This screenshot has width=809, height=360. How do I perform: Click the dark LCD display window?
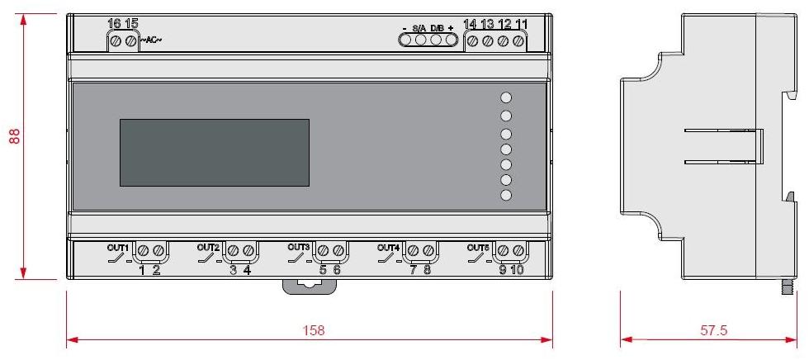215,153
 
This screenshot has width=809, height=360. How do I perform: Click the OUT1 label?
117,247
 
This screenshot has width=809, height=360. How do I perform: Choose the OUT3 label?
299,247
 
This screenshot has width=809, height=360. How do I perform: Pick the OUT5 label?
479,247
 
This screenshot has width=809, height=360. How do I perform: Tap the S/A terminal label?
419,28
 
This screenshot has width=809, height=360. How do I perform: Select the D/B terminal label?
437,28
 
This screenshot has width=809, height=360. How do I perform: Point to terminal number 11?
520,23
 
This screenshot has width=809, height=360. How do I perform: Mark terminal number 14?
472,23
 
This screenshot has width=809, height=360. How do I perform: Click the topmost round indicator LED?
507,97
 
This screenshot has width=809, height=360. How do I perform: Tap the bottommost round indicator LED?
507,196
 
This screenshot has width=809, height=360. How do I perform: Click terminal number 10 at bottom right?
518,270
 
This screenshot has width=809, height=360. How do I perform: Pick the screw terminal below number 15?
132,40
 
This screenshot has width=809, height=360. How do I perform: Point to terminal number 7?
413,270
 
